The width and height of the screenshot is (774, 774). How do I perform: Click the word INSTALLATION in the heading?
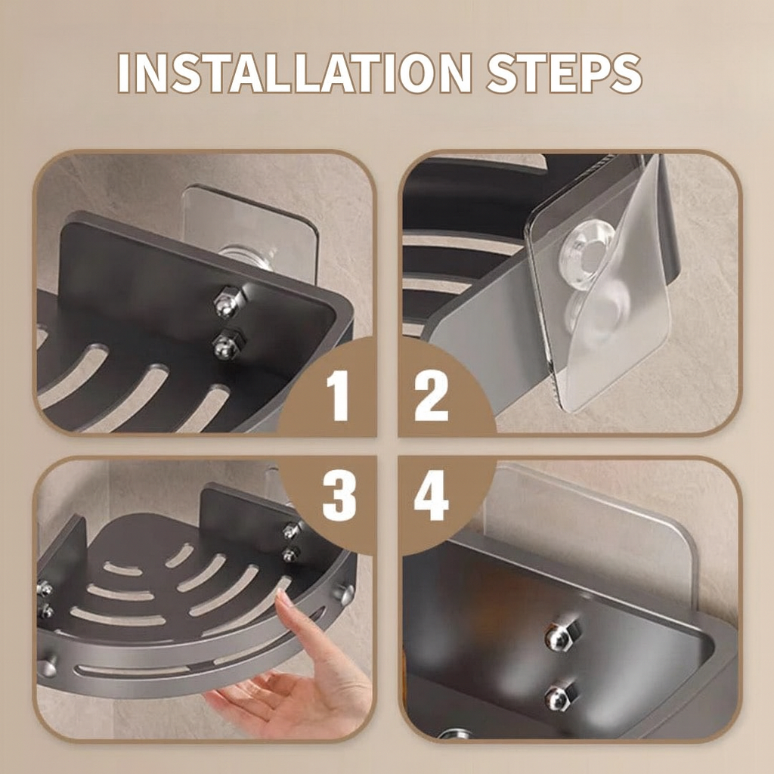pyautogui.click(x=295, y=73)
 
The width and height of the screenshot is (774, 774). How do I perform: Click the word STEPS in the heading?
pyautogui.click(x=564, y=73)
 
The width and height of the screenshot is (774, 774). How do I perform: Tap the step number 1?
pyautogui.click(x=337, y=394)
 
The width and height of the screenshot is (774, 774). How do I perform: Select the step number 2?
pyautogui.click(x=432, y=394)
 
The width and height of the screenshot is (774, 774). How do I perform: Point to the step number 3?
pyautogui.click(x=339, y=498)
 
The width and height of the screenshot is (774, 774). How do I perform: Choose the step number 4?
pyautogui.click(x=432, y=498)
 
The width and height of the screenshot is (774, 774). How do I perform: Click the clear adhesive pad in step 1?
pyautogui.click(x=249, y=219)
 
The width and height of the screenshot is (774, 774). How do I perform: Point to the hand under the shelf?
pyautogui.click(x=302, y=680)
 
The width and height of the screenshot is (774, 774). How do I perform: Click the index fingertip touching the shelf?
pyautogui.click(x=283, y=598)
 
